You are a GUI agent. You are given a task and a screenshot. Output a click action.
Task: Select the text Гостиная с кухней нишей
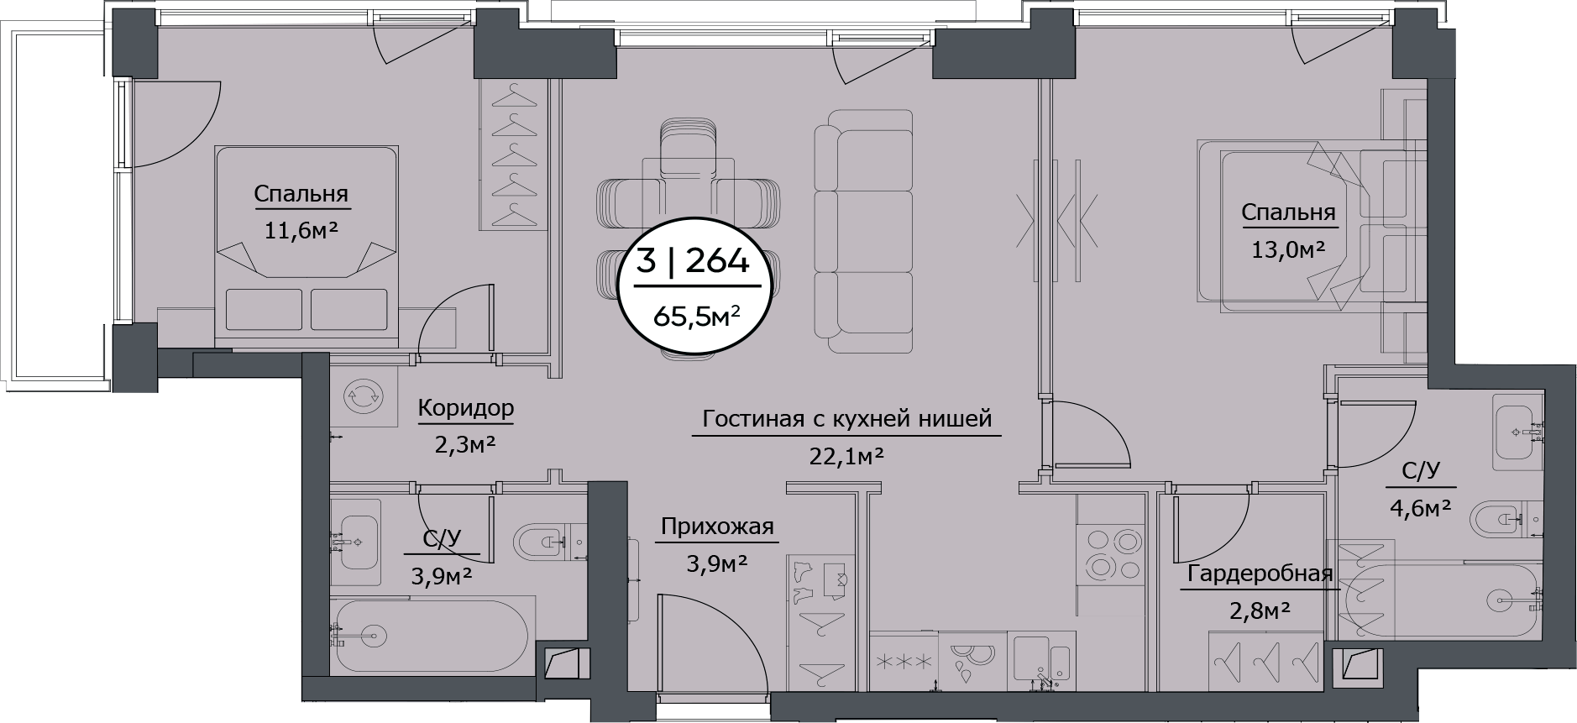[846, 418]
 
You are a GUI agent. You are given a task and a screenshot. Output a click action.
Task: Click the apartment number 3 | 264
[692, 262]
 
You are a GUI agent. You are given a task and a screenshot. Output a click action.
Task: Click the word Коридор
[465, 409]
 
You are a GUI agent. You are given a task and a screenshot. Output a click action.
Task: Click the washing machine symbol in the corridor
[363, 396]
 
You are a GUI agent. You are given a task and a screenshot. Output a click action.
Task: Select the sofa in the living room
[862, 231]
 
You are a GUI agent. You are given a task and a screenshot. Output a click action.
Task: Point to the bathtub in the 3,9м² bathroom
[428, 634]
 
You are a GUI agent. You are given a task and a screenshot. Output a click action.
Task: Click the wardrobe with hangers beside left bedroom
[514, 155]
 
